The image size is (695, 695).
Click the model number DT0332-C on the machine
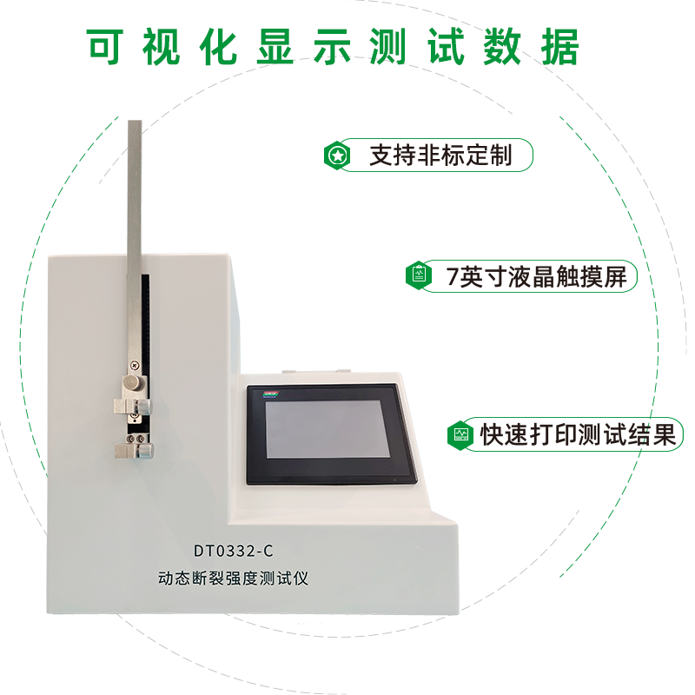[x=234, y=550]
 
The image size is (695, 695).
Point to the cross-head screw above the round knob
[x=134, y=366]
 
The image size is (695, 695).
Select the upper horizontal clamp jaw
[x=131, y=405]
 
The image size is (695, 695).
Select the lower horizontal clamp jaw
[x=131, y=448]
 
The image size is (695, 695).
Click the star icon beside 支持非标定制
[x=337, y=156]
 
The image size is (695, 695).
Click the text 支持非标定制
[x=441, y=156]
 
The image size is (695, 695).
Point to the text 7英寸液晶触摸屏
[x=536, y=277]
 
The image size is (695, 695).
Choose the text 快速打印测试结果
[x=578, y=434]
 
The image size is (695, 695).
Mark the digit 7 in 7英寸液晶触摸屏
[x=452, y=277]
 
